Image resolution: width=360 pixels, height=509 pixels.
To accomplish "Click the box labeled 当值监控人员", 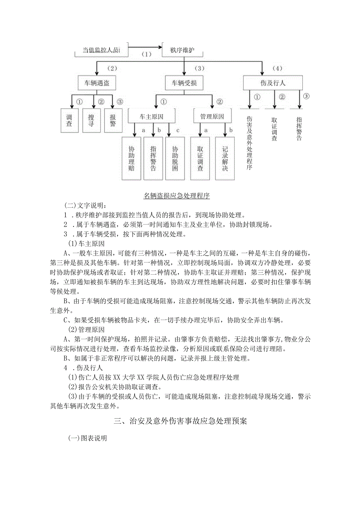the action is tap(101, 50).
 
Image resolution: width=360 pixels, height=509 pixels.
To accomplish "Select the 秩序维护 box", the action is tap(182, 50).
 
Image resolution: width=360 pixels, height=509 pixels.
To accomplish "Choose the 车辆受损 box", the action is tap(184, 83).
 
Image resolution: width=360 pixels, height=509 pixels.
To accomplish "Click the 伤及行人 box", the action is tap(273, 83).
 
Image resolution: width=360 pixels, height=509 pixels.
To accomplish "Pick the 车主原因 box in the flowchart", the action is tap(151, 117).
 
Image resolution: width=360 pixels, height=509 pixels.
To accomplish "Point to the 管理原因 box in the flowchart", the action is tap(212, 117).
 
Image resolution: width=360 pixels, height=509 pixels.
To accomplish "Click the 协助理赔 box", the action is tap(131, 158).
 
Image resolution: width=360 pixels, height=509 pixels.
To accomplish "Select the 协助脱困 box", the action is tap(175, 158).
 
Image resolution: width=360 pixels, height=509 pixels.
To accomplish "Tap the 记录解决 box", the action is tap(225, 158).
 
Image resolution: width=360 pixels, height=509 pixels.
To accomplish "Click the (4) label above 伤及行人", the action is tap(277, 68).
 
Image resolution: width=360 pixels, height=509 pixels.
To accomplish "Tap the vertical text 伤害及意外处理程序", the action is tap(250, 143).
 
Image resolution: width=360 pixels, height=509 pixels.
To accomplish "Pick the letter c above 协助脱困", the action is tap(178, 129).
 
